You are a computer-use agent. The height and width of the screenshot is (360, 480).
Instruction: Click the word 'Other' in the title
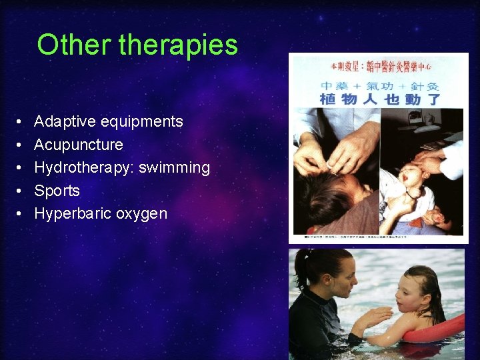[x=74, y=45]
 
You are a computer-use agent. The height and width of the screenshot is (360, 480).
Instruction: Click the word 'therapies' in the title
[x=178, y=45]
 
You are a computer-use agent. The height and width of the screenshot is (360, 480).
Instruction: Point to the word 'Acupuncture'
[x=78, y=145]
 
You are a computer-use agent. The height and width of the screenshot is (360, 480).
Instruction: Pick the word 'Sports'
[x=57, y=191]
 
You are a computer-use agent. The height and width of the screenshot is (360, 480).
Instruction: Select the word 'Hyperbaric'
[x=72, y=213]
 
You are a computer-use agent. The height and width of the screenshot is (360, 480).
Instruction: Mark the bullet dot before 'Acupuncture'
[x=22, y=145]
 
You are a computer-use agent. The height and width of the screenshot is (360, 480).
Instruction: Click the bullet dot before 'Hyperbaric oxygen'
[x=22, y=214]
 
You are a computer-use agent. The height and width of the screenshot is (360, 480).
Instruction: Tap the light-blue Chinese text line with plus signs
[x=381, y=86]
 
